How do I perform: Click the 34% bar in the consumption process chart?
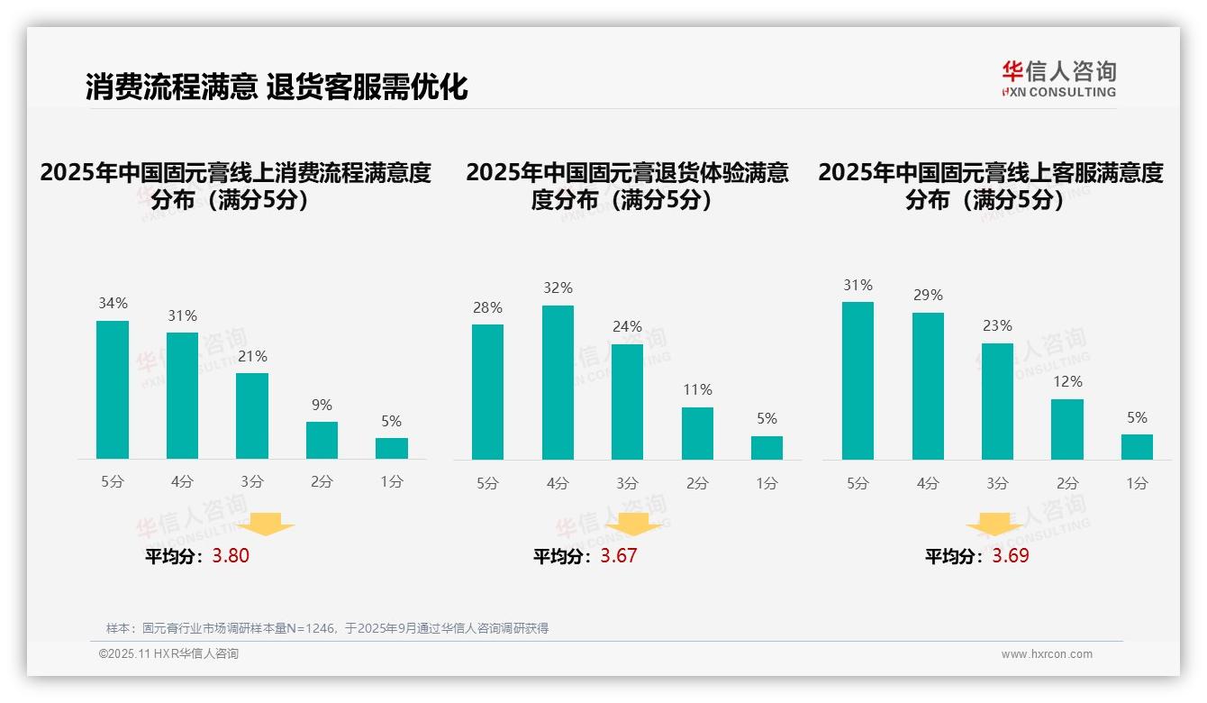(x=113, y=389)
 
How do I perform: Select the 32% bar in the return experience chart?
(x=558, y=382)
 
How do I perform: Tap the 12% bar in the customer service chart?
(x=1067, y=429)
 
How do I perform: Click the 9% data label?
(x=322, y=406)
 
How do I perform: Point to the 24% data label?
(x=627, y=327)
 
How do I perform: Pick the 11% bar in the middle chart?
(x=697, y=434)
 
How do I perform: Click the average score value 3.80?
(x=231, y=556)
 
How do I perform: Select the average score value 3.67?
(x=619, y=556)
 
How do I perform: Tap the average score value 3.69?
(x=1011, y=556)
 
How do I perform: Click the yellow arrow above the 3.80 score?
(x=267, y=524)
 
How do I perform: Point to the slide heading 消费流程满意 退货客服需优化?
(x=277, y=87)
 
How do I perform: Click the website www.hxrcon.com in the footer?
(x=1047, y=654)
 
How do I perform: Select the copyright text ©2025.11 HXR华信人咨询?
(x=169, y=654)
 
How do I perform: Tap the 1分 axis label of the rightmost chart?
(x=1137, y=483)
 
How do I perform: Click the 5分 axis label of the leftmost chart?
(x=113, y=482)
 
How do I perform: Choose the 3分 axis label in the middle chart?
(x=627, y=483)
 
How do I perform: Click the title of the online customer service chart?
(x=991, y=186)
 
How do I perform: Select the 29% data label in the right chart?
(x=928, y=296)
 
